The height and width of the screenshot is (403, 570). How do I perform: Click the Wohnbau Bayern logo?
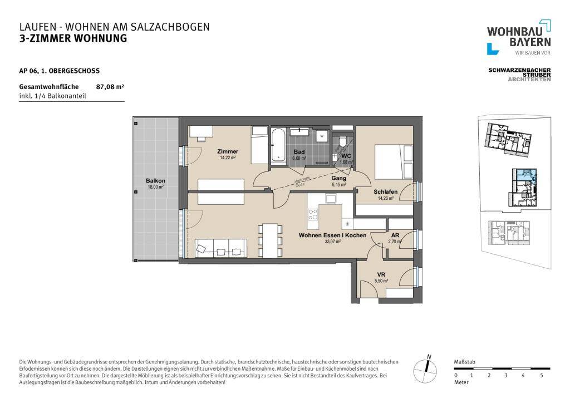pyautogui.click(x=519, y=38)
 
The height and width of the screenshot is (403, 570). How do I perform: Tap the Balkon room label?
pyautogui.click(x=155, y=181)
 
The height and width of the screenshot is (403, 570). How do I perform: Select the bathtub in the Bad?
pyautogui.click(x=278, y=146)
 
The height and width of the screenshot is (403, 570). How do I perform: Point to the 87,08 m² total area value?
pyautogui.click(x=110, y=87)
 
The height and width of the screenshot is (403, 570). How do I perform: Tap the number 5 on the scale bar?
pyautogui.click(x=541, y=376)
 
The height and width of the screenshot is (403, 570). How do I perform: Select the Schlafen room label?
pyautogui.click(x=385, y=192)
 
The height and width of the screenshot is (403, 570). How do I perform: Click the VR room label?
pyautogui.click(x=381, y=275)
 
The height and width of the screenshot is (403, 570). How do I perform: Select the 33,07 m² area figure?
pyautogui.click(x=332, y=242)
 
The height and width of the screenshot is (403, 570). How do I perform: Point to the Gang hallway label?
pyautogui.click(x=339, y=179)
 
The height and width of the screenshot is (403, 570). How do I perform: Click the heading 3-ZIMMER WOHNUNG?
pyautogui.click(x=73, y=38)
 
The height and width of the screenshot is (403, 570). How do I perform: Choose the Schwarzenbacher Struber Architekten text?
pyautogui.click(x=519, y=75)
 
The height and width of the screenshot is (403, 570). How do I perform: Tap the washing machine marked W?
pyautogui.click(x=322, y=135)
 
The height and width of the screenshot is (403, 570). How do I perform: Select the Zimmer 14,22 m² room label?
pyautogui.click(x=228, y=151)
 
